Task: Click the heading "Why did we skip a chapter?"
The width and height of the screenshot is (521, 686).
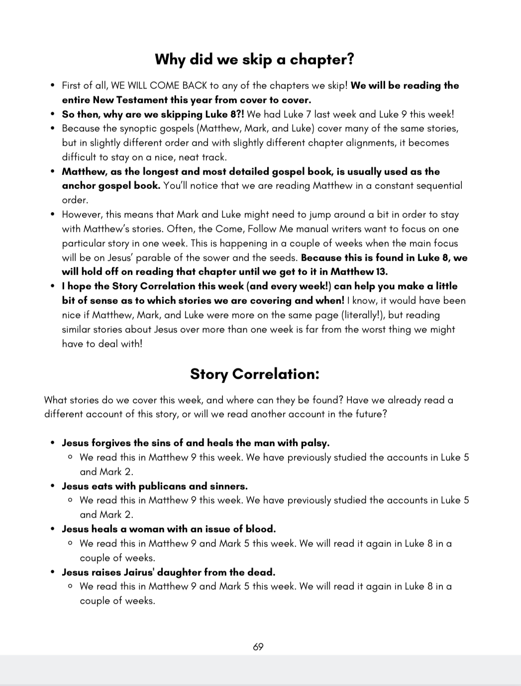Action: [x=254, y=59]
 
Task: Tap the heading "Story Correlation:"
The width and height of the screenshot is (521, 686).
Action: [x=254, y=374]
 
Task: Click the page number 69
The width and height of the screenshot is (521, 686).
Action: [x=258, y=647]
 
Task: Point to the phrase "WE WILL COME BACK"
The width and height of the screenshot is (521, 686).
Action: [x=159, y=86]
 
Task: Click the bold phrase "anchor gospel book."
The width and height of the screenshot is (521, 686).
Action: [x=111, y=186]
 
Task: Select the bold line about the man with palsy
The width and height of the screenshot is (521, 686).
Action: [x=196, y=443]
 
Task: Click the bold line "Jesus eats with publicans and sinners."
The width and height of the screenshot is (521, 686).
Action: [x=155, y=486]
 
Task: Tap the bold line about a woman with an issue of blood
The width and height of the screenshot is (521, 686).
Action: [x=169, y=529]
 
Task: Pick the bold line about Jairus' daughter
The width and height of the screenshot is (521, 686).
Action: [x=169, y=572]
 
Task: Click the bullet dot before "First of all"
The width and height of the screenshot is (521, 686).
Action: [x=52, y=86]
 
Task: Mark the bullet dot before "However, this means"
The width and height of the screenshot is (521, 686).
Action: [x=52, y=215]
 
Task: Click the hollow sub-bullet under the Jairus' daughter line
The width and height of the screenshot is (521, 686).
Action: [x=70, y=586]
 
